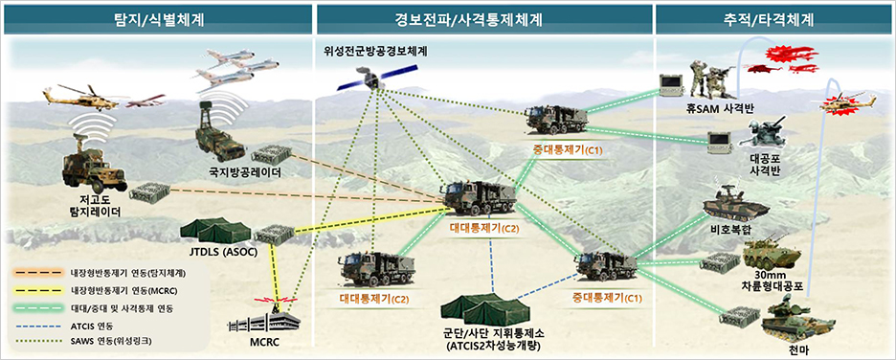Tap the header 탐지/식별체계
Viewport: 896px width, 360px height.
pos(158,18)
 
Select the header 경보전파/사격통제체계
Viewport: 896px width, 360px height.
pos(482,18)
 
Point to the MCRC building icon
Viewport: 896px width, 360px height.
pos(272,318)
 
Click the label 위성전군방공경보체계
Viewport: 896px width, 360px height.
pos(376,50)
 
